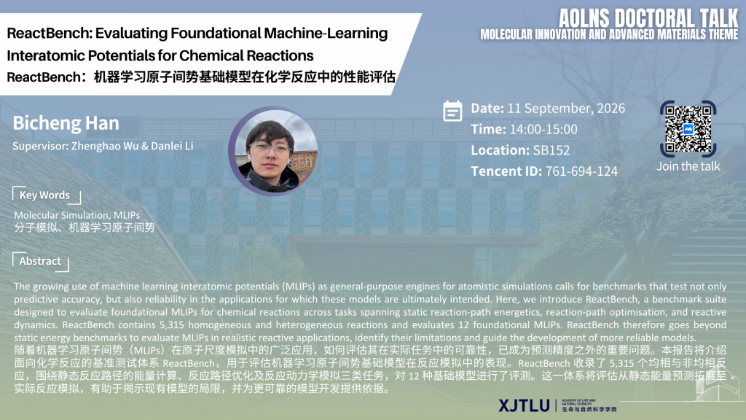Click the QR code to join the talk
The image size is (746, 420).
tap(688, 129)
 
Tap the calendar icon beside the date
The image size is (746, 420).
tap(452, 111)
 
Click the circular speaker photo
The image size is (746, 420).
tap(274, 151)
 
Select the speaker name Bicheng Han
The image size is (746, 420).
tap(66, 123)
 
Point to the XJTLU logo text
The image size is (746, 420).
tap(525, 405)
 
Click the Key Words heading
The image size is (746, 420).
tap(44, 195)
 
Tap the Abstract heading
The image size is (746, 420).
tap(40, 261)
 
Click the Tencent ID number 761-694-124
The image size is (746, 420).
tap(581, 171)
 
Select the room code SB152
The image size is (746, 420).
tap(551, 150)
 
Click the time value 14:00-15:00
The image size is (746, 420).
tap(543, 130)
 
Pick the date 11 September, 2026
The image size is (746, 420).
tap(566, 109)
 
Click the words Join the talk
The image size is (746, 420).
tap(688, 166)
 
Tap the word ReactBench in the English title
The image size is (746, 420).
tap(49, 34)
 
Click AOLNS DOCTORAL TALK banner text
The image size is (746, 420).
tap(648, 18)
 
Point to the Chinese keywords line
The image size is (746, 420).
tap(85, 227)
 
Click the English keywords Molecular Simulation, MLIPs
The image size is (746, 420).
tap(77, 215)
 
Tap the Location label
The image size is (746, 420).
tap(500, 150)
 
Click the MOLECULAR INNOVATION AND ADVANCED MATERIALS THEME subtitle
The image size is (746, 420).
tap(610, 35)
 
